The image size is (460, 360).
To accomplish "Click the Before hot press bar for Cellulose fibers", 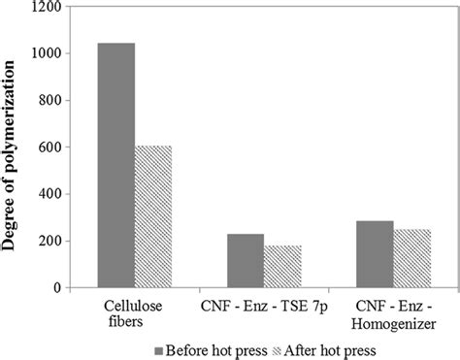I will click(116, 165).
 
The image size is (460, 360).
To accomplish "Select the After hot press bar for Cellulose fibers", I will click(153, 216).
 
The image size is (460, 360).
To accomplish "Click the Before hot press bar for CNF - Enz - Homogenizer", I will click(375, 254).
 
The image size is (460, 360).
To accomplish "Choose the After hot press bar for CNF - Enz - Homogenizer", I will click(411, 258).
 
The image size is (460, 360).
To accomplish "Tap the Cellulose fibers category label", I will click(134, 313).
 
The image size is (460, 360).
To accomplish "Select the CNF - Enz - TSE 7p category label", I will click(264, 306).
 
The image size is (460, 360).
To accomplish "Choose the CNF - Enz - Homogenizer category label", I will click(393, 313).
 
